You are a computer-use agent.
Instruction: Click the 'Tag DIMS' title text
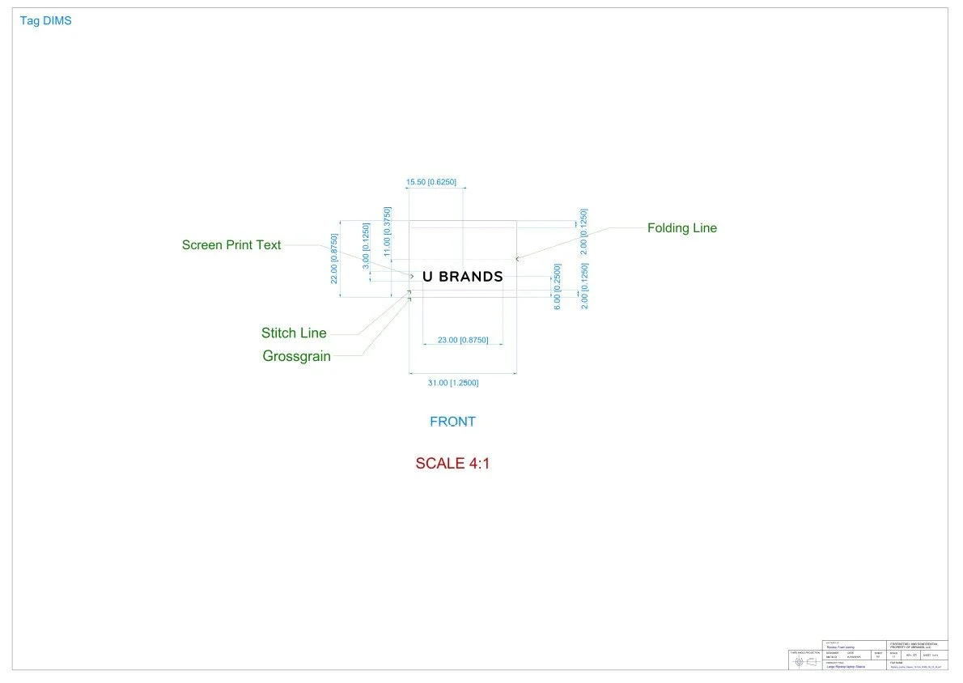click(45, 21)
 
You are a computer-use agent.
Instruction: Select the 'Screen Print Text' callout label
click(231, 245)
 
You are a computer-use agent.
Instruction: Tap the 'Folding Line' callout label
click(681, 228)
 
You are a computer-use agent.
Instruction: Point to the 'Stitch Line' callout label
click(294, 333)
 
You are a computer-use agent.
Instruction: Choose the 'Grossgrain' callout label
click(296, 356)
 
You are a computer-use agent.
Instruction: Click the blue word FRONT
click(452, 422)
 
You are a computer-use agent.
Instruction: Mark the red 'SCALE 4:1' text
click(452, 464)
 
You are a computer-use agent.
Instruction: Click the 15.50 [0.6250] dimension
click(431, 183)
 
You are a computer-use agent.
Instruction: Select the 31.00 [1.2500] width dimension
click(452, 383)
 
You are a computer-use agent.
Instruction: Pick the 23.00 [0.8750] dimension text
click(462, 341)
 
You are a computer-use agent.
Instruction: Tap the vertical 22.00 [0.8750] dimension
click(333, 258)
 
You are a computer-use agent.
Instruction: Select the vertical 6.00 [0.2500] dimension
click(557, 286)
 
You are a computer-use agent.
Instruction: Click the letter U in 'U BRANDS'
click(428, 277)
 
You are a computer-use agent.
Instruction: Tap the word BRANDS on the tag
click(471, 277)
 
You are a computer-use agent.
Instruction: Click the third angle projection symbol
click(805, 662)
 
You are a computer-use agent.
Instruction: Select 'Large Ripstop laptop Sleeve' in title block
click(846, 666)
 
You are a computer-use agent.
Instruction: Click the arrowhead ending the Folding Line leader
click(518, 259)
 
